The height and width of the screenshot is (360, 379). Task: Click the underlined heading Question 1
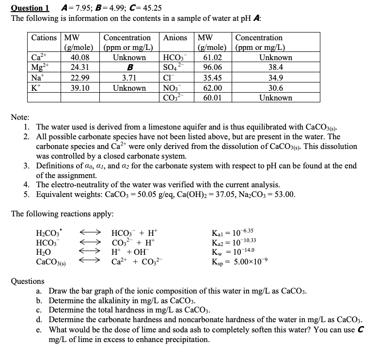(30, 7)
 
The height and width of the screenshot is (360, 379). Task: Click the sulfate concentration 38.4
(275, 67)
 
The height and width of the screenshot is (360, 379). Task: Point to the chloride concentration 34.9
(275, 78)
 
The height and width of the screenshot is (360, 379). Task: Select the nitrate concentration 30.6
(275, 88)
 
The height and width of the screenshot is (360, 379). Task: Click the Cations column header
(44, 37)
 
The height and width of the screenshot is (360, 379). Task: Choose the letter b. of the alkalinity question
(39, 301)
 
